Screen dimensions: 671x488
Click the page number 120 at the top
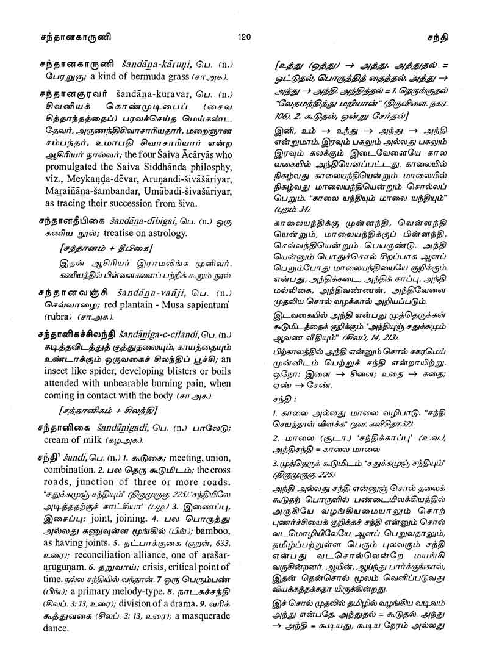[x=244, y=37]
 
